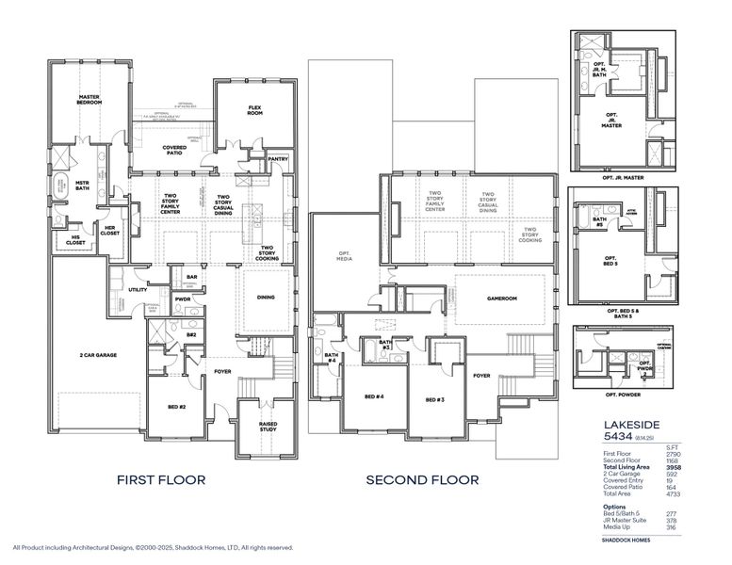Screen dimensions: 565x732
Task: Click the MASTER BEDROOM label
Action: point(90,99)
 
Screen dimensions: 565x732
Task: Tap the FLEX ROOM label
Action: point(254,109)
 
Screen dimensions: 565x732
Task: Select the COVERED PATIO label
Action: point(173,150)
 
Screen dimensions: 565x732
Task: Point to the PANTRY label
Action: point(277,159)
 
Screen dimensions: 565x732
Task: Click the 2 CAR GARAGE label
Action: point(97,355)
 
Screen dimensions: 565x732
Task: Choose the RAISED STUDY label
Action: point(268,427)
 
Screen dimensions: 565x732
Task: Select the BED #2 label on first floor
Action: point(177,407)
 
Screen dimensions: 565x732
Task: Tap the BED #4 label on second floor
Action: point(374,398)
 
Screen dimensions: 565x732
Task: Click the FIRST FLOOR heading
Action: point(161,479)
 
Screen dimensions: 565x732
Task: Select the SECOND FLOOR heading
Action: point(422,479)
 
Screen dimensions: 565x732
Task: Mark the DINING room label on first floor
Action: point(266,299)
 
